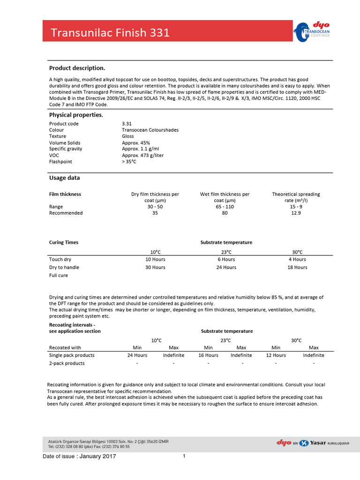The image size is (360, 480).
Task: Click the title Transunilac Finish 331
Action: pos(110,33)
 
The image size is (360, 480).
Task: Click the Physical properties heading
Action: pos(76,115)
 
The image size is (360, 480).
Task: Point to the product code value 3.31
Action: pos(127,124)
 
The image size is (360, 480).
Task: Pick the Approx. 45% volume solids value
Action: pos(137,143)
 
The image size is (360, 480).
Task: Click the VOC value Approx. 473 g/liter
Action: pos(142,155)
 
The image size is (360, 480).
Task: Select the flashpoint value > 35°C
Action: pos(129,162)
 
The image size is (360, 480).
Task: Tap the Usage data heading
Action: pos(64,178)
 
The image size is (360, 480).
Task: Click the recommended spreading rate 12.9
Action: pos(296,213)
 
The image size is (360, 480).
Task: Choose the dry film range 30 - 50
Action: pos(155,207)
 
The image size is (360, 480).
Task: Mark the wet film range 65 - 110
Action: pos(225,207)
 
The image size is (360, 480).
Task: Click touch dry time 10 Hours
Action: pos(155,259)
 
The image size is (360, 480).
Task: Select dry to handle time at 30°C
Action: pos(297,267)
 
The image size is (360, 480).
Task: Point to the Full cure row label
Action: pos(59,276)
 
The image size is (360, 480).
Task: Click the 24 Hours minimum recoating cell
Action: pos(137,355)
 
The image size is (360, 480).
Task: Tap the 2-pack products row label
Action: pos(67,363)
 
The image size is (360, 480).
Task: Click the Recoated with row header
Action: pos(65,347)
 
